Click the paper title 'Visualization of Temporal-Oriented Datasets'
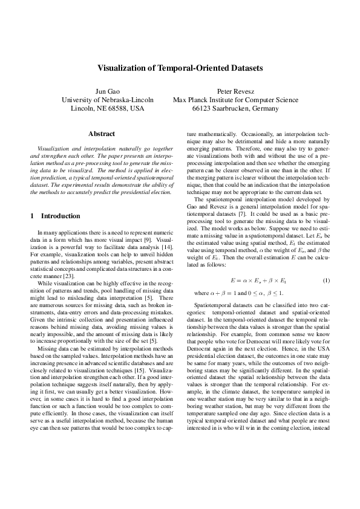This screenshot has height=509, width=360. (x=180, y=69)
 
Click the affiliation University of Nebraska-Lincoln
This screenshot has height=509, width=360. (x=108, y=100)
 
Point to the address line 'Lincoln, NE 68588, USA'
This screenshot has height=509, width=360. (x=108, y=109)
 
